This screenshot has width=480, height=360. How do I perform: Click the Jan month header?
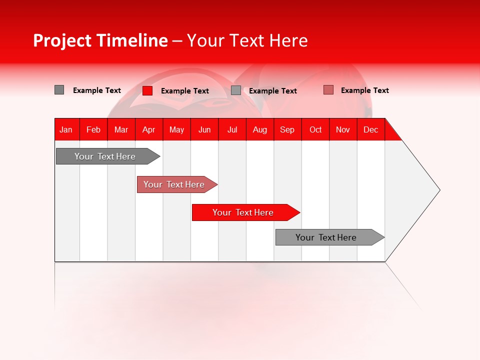[x=66, y=129]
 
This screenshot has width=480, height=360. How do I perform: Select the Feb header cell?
[x=93, y=129]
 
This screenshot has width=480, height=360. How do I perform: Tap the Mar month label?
[x=121, y=129]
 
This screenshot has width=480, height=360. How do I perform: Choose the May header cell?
[x=176, y=129]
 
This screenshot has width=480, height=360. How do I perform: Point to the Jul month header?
[x=232, y=129]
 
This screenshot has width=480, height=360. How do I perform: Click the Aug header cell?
[x=259, y=129]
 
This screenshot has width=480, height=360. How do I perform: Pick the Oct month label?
[x=315, y=129]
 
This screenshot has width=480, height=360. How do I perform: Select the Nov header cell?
[x=343, y=129]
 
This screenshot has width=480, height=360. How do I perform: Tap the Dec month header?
[x=370, y=129]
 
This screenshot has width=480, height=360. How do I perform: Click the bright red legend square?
[x=147, y=90]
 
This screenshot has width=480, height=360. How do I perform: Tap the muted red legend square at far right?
[x=328, y=90]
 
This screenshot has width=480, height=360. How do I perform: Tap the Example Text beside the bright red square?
[x=185, y=91]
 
